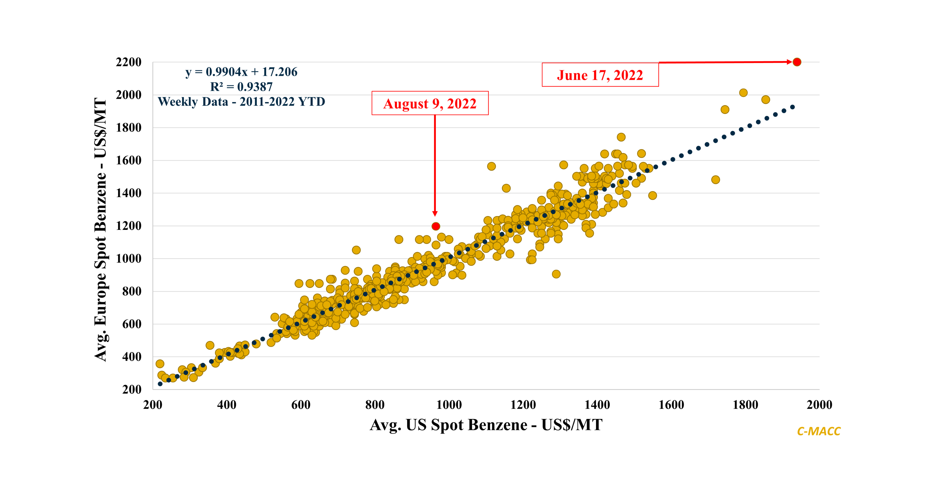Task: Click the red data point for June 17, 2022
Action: click(x=796, y=62)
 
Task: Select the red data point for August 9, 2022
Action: click(x=436, y=226)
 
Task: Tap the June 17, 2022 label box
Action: click(x=600, y=75)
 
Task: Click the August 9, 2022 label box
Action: click(x=430, y=103)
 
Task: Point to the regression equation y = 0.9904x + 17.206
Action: click(x=242, y=72)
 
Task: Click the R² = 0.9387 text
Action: click(x=242, y=87)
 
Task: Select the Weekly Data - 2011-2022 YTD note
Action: click(x=242, y=101)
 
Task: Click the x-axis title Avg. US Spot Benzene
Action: click(x=486, y=424)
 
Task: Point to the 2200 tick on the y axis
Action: click(x=129, y=62)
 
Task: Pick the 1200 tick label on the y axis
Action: click(x=129, y=226)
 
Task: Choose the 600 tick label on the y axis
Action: click(x=132, y=324)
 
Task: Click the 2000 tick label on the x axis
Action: click(x=819, y=405)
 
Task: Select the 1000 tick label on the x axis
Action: click(x=449, y=405)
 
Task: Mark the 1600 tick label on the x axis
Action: click(x=671, y=405)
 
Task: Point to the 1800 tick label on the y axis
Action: click(x=129, y=128)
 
